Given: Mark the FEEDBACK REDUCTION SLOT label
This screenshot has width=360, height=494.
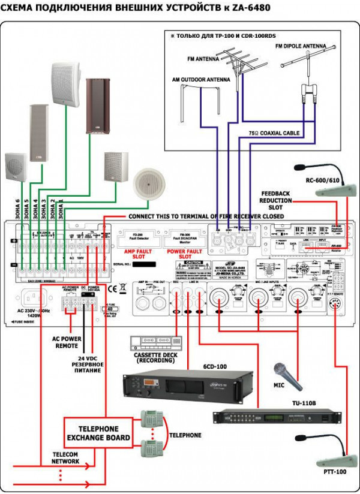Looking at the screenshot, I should [277, 201].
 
